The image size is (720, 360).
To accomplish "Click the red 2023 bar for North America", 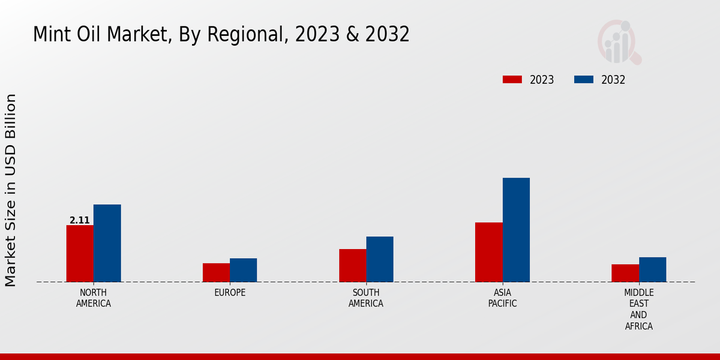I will [80, 253].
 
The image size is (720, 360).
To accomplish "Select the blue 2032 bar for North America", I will [107, 243].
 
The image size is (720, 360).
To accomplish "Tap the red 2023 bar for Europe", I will [216, 272].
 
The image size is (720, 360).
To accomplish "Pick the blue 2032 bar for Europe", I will [243, 270].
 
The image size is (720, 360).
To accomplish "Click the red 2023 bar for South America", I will [352, 265].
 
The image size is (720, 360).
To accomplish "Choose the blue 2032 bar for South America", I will [380, 259].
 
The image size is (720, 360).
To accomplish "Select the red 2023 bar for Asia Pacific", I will [488, 252].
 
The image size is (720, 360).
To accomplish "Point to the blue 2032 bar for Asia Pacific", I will [516, 230].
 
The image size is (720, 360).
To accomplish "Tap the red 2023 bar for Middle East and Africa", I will [625, 273].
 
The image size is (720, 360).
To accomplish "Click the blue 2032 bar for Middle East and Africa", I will [652, 269].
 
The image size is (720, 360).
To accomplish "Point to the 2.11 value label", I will [79, 220].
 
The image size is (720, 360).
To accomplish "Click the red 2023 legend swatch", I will [512, 80].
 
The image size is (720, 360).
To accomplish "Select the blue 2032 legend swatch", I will [584, 80].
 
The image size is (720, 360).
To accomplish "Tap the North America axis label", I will [93, 298].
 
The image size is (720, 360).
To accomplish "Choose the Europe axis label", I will [230, 293].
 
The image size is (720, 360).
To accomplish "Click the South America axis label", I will [366, 298].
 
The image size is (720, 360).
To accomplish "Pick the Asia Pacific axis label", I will [503, 298].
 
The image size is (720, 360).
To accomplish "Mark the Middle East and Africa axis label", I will [638, 310].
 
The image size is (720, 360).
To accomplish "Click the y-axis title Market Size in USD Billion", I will [11, 190].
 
